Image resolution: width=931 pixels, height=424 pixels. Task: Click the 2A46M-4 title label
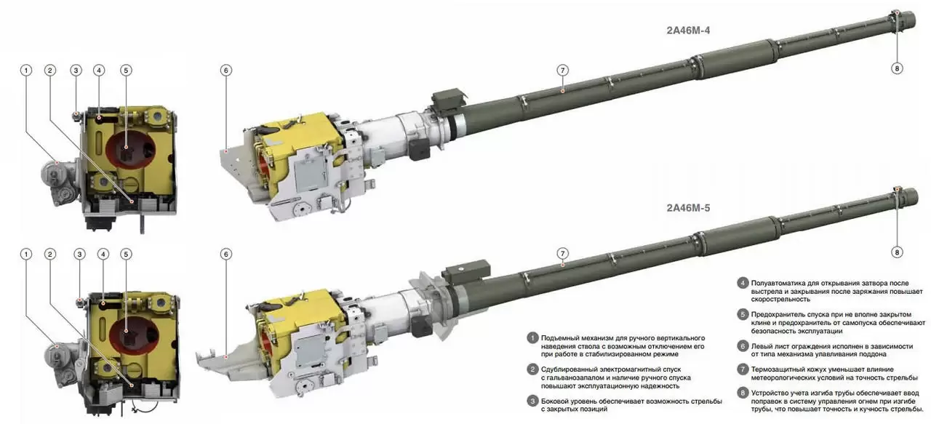(x=688, y=31)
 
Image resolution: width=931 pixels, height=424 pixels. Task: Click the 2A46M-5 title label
(x=688, y=208)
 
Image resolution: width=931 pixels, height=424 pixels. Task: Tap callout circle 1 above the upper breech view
(x=26, y=71)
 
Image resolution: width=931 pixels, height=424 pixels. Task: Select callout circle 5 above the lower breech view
(x=127, y=254)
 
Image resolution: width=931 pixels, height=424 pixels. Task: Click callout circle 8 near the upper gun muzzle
(x=897, y=68)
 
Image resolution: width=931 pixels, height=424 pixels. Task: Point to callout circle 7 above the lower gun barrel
(x=563, y=254)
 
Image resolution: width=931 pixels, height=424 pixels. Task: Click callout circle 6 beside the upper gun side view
(x=226, y=71)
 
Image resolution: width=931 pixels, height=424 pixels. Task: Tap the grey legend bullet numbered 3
(x=532, y=401)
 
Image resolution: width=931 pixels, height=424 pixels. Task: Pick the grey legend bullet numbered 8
(x=743, y=393)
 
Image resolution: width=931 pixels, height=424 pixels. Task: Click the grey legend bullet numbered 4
(x=743, y=283)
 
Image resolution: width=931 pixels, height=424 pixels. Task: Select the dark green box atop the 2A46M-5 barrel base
(x=465, y=271)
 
